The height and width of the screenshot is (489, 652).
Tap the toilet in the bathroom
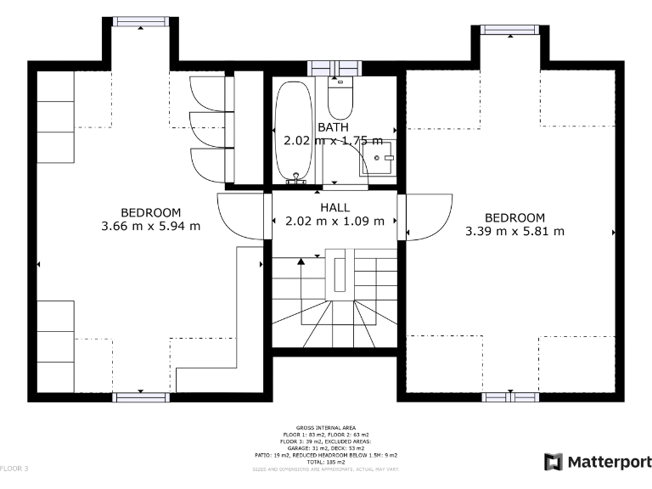click(340, 100)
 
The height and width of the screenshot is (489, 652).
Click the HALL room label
click(334, 207)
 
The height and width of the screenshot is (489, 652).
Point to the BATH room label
click(333, 127)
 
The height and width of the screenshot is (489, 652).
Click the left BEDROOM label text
click(151, 212)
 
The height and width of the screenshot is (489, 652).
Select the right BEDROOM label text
click(515, 217)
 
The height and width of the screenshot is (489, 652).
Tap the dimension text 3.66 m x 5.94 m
click(151, 226)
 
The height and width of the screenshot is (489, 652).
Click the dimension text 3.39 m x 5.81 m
click(515, 231)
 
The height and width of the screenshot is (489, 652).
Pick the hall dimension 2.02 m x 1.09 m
click(334, 221)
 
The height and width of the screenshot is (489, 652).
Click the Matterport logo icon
click(553, 462)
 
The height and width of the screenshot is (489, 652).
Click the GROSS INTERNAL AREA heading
click(326, 428)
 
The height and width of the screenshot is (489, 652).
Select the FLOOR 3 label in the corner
click(14, 469)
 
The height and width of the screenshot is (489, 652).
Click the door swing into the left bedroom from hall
click(241, 215)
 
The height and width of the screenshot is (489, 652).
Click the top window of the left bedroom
click(140, 22)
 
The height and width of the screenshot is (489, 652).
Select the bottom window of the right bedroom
click(509, 396)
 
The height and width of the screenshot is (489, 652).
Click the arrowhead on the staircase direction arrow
click(301, 261)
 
